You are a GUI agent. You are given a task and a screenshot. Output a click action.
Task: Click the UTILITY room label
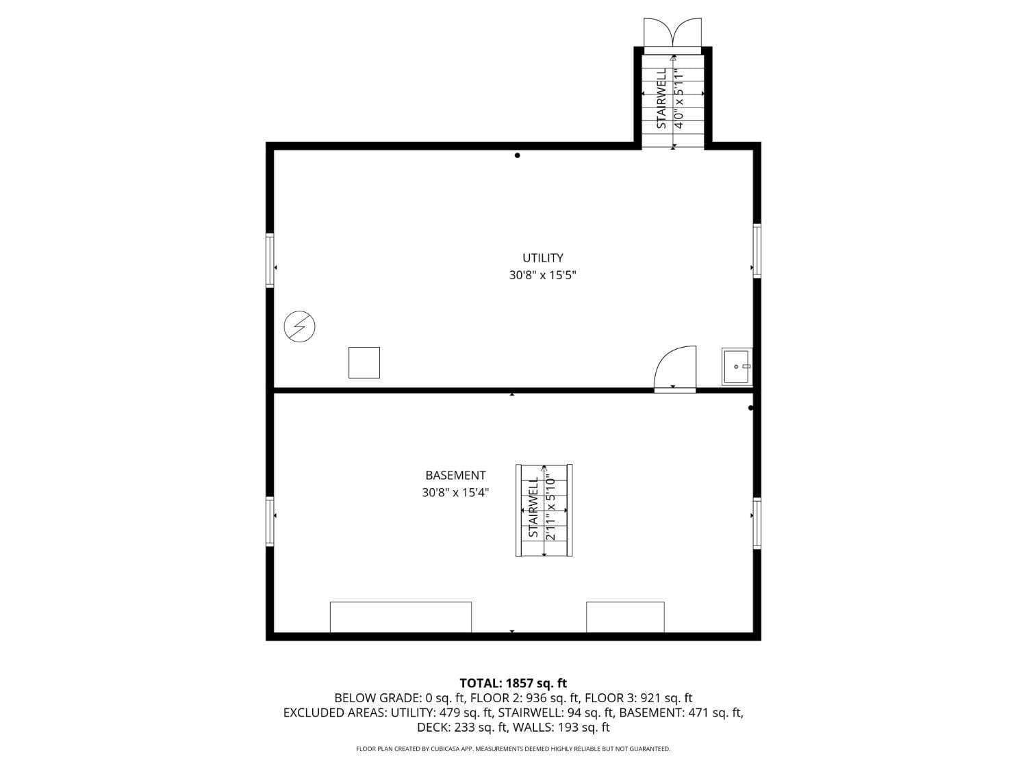542,258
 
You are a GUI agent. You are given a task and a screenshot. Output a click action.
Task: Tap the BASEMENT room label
455,475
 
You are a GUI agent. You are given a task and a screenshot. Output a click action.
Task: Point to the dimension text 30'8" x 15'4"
455,492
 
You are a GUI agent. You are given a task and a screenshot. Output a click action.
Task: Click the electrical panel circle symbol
299,327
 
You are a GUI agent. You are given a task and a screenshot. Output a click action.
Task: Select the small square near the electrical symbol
364,363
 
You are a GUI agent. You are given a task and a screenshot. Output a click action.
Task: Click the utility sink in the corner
737,366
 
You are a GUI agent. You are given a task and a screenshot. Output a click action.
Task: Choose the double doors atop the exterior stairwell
672,33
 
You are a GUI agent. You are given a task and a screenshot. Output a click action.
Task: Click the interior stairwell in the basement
544,511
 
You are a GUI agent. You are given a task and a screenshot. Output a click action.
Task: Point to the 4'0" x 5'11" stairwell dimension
679,99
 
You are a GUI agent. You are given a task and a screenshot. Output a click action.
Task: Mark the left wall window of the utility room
270,260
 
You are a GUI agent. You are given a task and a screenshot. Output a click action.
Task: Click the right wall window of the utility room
757,251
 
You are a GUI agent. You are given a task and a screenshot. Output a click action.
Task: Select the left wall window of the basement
270,520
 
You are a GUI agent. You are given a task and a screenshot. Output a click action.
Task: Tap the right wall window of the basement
757,523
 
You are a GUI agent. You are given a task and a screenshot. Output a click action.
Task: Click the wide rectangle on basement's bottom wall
401,617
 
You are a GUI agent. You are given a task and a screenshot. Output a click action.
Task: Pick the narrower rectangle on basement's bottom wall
625,617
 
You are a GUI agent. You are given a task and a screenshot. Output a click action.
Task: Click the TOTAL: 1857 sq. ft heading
513,683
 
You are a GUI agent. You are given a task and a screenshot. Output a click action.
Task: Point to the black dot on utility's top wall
517,155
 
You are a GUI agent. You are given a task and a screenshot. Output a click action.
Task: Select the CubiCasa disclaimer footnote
513,749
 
